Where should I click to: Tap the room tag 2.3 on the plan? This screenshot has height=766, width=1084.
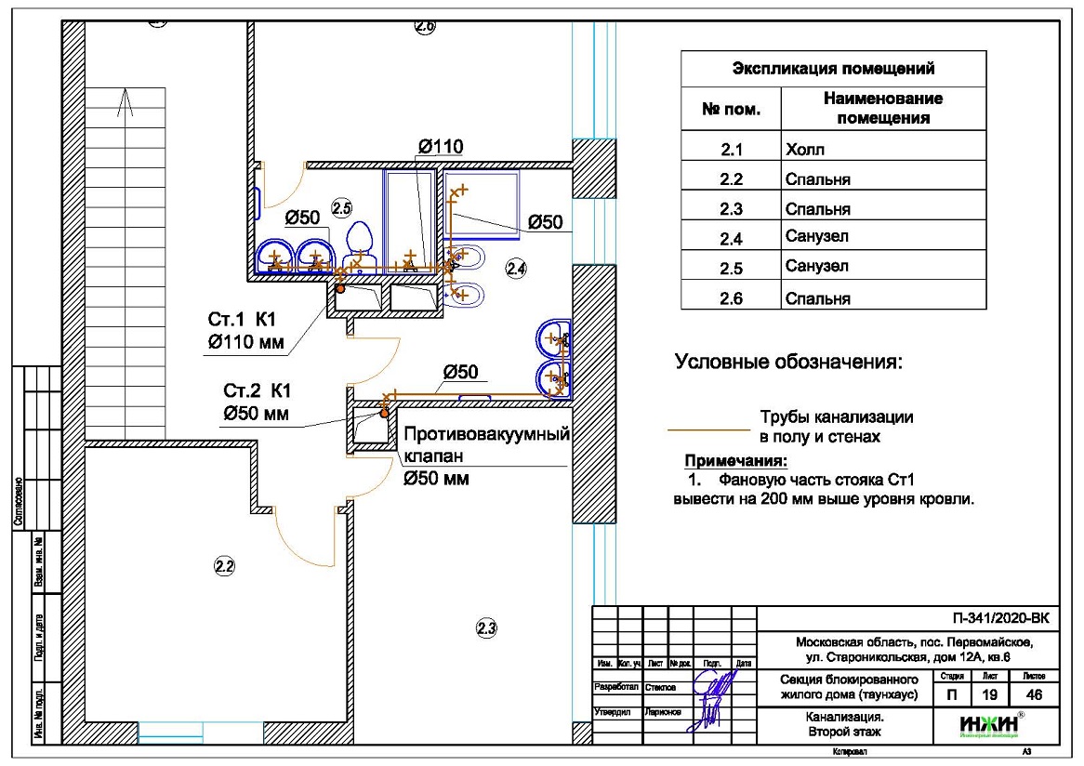[x=486, y=628]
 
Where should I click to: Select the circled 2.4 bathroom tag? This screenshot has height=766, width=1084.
[x=516, y=270]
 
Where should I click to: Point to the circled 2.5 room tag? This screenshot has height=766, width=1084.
[x=342, y=207]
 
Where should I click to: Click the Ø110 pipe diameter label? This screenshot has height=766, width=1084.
[x=441, y=146]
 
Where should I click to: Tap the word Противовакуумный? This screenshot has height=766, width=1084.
[x=485, y=435]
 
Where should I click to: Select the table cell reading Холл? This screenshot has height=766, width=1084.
[x=805, y=149]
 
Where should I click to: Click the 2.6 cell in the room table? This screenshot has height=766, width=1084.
[x=731, y=298]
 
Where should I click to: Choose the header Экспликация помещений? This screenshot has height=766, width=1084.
[x=833, y=69]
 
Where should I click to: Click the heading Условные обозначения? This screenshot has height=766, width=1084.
[x=788, y=363]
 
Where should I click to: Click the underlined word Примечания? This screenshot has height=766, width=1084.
[x=735, y=461]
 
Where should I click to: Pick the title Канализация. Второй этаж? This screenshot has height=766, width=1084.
[x=844, y=724]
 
